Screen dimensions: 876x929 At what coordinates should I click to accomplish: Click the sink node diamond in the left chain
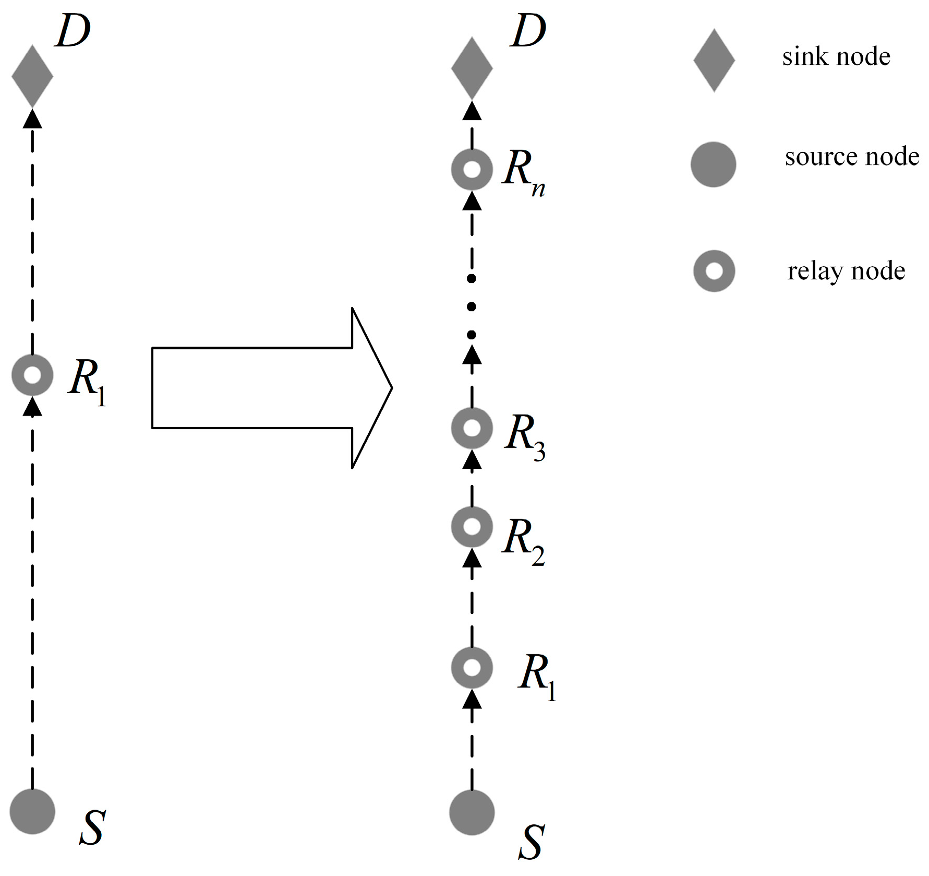pyautogui.click(x=32, y=76)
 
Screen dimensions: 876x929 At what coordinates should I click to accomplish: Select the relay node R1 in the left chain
pyautogui.click(x=32, y=375)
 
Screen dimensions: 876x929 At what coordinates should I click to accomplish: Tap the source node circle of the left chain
pyautogui.click(x=32, y=811)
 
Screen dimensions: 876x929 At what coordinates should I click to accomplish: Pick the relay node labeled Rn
pyautogui.click(x=472, y=170)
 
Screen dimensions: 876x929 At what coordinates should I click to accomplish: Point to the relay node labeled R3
pyautogui.click(x=472, y=428)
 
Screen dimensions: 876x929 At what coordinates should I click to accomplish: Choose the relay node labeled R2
pyautogui.click(x=472, y=526)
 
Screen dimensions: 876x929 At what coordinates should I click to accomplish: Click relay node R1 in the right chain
pyautogui.click(x=472, y=668)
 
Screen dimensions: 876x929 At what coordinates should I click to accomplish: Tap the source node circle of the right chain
pyautogui.click(x=472, y=812)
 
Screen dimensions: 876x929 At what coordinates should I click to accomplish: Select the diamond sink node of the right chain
pyautogui.click(x=472, y=68)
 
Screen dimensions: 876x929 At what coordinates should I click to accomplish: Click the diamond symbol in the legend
pyautogui.click(x=714, y=61)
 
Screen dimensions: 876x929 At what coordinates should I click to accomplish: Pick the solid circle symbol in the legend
pyautogui.click(x=713, y=164)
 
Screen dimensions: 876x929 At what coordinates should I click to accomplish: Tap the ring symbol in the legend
pyautogui.click(x=714, y=271)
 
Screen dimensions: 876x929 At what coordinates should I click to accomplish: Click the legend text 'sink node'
pyautogui.click(x=836, y=56)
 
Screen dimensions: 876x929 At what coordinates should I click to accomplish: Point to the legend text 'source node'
pyautogui.click(x=851, y=157)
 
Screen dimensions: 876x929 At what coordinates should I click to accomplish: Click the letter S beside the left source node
pyautogui.click(x=92, y=827)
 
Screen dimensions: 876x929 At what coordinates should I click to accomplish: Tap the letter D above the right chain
pyautogui.click(x=528, y=31)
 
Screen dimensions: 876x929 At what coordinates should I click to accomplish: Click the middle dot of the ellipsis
pyautogui.click(x=472, y=307)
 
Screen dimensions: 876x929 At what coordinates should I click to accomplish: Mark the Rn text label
pyautogui.click(x=523, y=172)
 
